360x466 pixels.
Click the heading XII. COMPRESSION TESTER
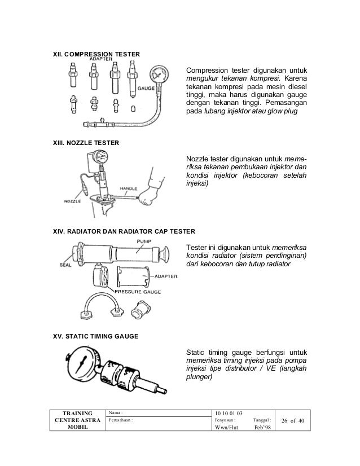click(x=96, y=54)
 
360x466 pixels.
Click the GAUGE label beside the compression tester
click(x=146, y=88)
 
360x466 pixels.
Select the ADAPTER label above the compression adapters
click(x=101, y=59)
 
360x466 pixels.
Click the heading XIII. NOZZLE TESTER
click(x=86, y=143)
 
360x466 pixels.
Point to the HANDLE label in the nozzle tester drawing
click(x=129, y=188)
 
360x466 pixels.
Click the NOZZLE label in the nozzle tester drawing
click(x=72, y=201)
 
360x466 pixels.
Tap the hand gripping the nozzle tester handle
click(x=148, y=196)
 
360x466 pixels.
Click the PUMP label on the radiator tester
click(x=144, y=241)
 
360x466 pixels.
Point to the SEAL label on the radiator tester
click(x=65, y=265)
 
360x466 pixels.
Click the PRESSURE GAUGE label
click(x=138, y=292)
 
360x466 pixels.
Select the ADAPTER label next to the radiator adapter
click(x=166, y=276)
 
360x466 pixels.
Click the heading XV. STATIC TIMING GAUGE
click(x=96, y=336)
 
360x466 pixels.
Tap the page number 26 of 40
click(x=293, y=420)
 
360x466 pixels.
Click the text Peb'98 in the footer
click(x=262, y=428)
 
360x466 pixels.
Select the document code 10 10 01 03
click(x=229, y=413)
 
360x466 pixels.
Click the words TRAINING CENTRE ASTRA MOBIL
click(x=78, y=420)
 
